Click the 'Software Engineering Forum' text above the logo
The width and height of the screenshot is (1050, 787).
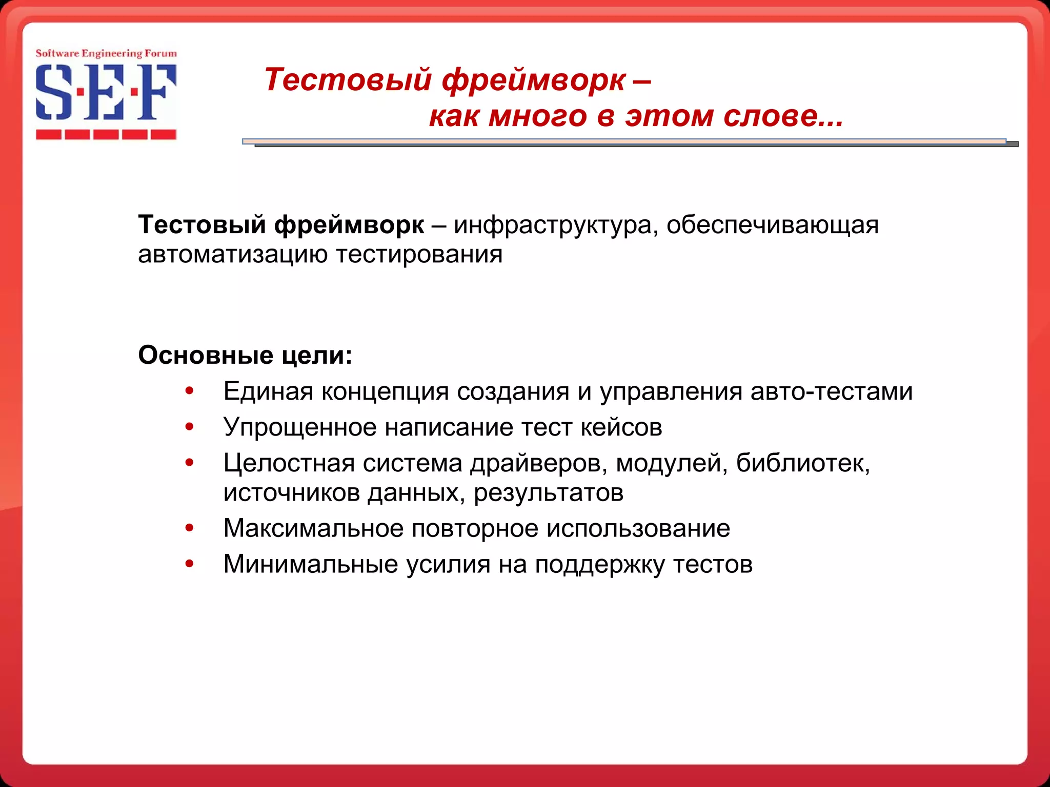[x=106, y=53]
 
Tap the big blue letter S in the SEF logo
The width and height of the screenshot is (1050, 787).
[x=53, y=93]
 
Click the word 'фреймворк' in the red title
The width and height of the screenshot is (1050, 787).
[x=533, y=80]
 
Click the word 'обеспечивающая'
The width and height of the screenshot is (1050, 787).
[x=772, y=225]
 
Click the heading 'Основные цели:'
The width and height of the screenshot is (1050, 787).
[x=245, y=355]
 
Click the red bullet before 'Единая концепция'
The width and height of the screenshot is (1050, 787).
[x=190, y=391]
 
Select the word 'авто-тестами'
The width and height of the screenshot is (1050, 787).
[x=831, y=391]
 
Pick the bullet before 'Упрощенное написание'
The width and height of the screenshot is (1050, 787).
[x=190, y=427]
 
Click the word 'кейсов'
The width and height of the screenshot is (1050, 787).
[x=621, y=427]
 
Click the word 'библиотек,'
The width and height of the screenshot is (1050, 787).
[x=803, y=463]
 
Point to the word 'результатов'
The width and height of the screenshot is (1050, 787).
[x=548, y=493]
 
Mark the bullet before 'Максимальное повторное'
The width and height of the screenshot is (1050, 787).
[x=190, y=528]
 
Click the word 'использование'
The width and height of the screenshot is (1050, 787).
[x=638, y=528]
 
